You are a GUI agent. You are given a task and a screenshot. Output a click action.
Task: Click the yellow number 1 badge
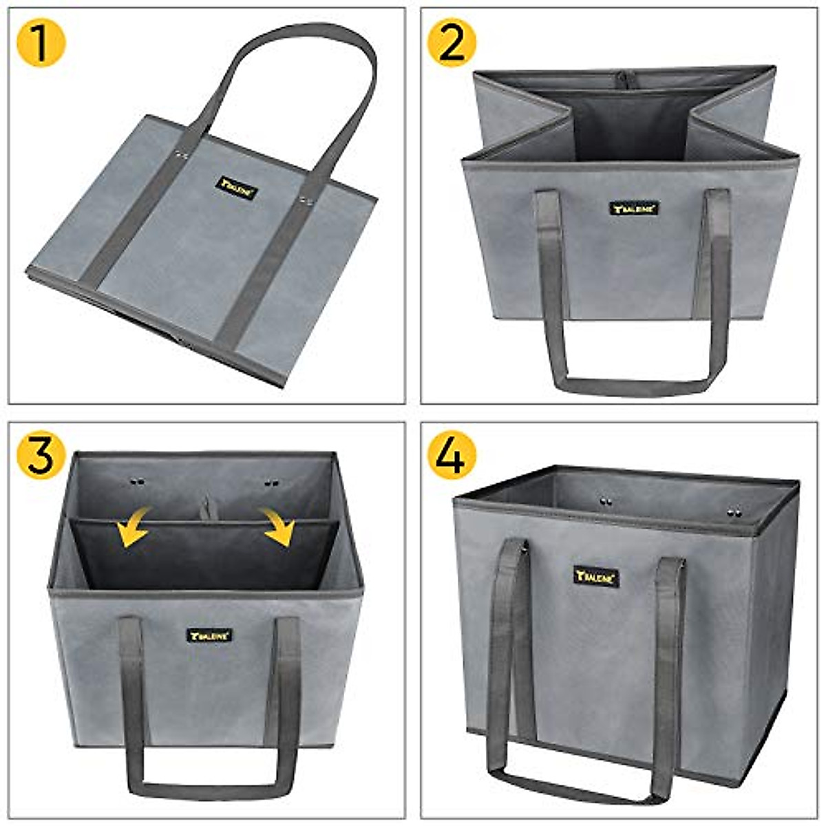click(x=41, y=43)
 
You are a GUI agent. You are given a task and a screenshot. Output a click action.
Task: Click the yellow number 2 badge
click(x=452, y=43)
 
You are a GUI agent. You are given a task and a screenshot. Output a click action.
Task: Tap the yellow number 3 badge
click(x=41, y=455)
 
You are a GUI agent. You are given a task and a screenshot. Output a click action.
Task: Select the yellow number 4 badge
click(x=452, y=455)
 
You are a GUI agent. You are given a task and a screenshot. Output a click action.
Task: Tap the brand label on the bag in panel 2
click(x=634, y=207)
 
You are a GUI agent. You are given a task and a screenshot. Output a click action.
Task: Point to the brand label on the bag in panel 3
click(x=209, y=635)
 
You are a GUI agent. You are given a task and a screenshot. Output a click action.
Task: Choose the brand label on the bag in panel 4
click(x=596, y=577)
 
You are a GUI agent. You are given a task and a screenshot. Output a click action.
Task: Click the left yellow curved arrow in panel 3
click(x=134, y=527)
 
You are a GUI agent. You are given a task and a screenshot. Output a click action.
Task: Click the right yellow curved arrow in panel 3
click(x=279, y=527)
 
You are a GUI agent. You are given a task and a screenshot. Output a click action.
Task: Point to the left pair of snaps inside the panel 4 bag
click(x=606, y=501)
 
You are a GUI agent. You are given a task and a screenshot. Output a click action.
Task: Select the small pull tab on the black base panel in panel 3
click(x=205, y=509)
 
